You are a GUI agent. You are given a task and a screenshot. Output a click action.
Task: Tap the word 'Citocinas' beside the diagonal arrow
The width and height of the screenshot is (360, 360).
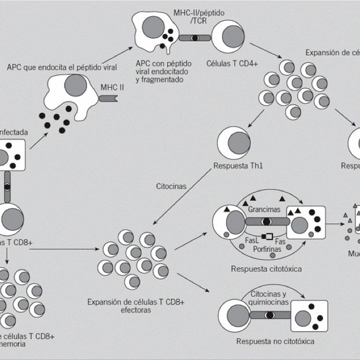pos(171,186)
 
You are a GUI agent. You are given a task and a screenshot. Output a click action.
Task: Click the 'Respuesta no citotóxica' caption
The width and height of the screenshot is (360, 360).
pos(275,341)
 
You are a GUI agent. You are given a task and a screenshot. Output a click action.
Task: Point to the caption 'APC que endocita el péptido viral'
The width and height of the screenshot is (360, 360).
pos(62,67)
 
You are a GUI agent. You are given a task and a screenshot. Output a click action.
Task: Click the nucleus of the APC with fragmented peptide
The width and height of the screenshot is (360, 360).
pos(152,27)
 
